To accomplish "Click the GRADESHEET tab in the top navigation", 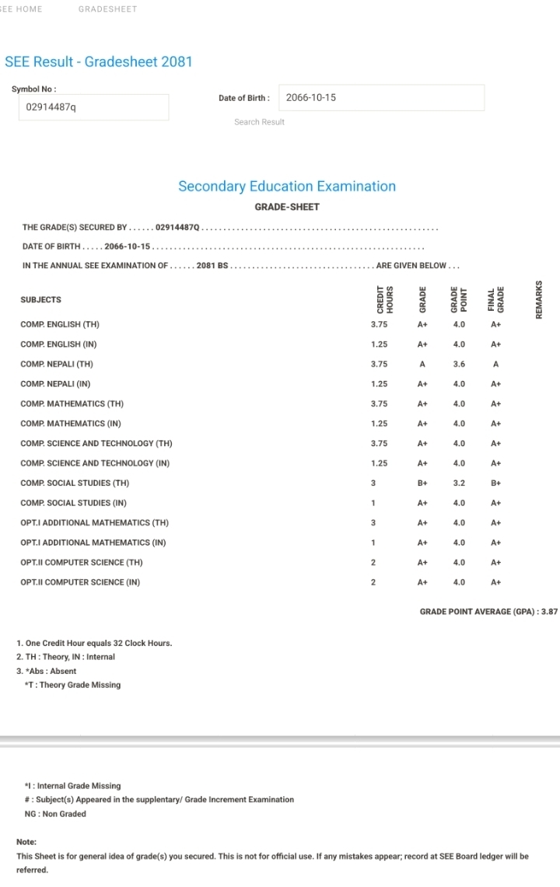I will click(x=107, y=9).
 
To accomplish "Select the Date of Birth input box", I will click(x=381, y=98).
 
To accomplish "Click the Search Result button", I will click(x=259, y=122).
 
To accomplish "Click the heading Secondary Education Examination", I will click(x=287, y=187).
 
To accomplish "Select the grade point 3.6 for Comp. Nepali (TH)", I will click(x=459, y=364).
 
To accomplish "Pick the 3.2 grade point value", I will click(x=459, y=483).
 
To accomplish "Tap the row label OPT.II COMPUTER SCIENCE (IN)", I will click(x=80, y=582).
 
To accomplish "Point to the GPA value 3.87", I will click(x=549, y=612).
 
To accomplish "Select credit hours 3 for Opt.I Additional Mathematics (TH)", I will click(x=373, y=522).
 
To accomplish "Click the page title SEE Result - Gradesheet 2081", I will click(x=99, y=62).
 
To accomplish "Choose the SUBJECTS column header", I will click(x=40, y=300).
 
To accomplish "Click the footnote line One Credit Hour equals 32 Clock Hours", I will click(x=94, y=643).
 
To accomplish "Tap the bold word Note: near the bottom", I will click(x=26, y=842).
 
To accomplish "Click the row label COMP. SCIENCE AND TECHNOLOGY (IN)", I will click(x=95, y=463).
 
